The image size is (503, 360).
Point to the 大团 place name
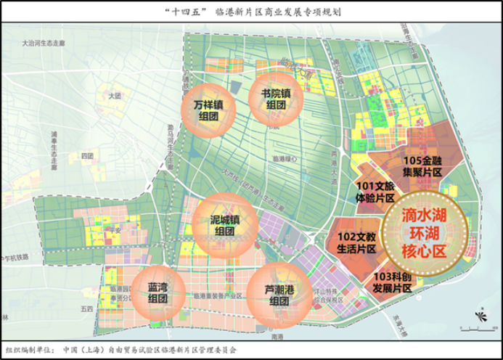tap(112, 95)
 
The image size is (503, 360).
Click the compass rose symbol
tap(479, 316)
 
